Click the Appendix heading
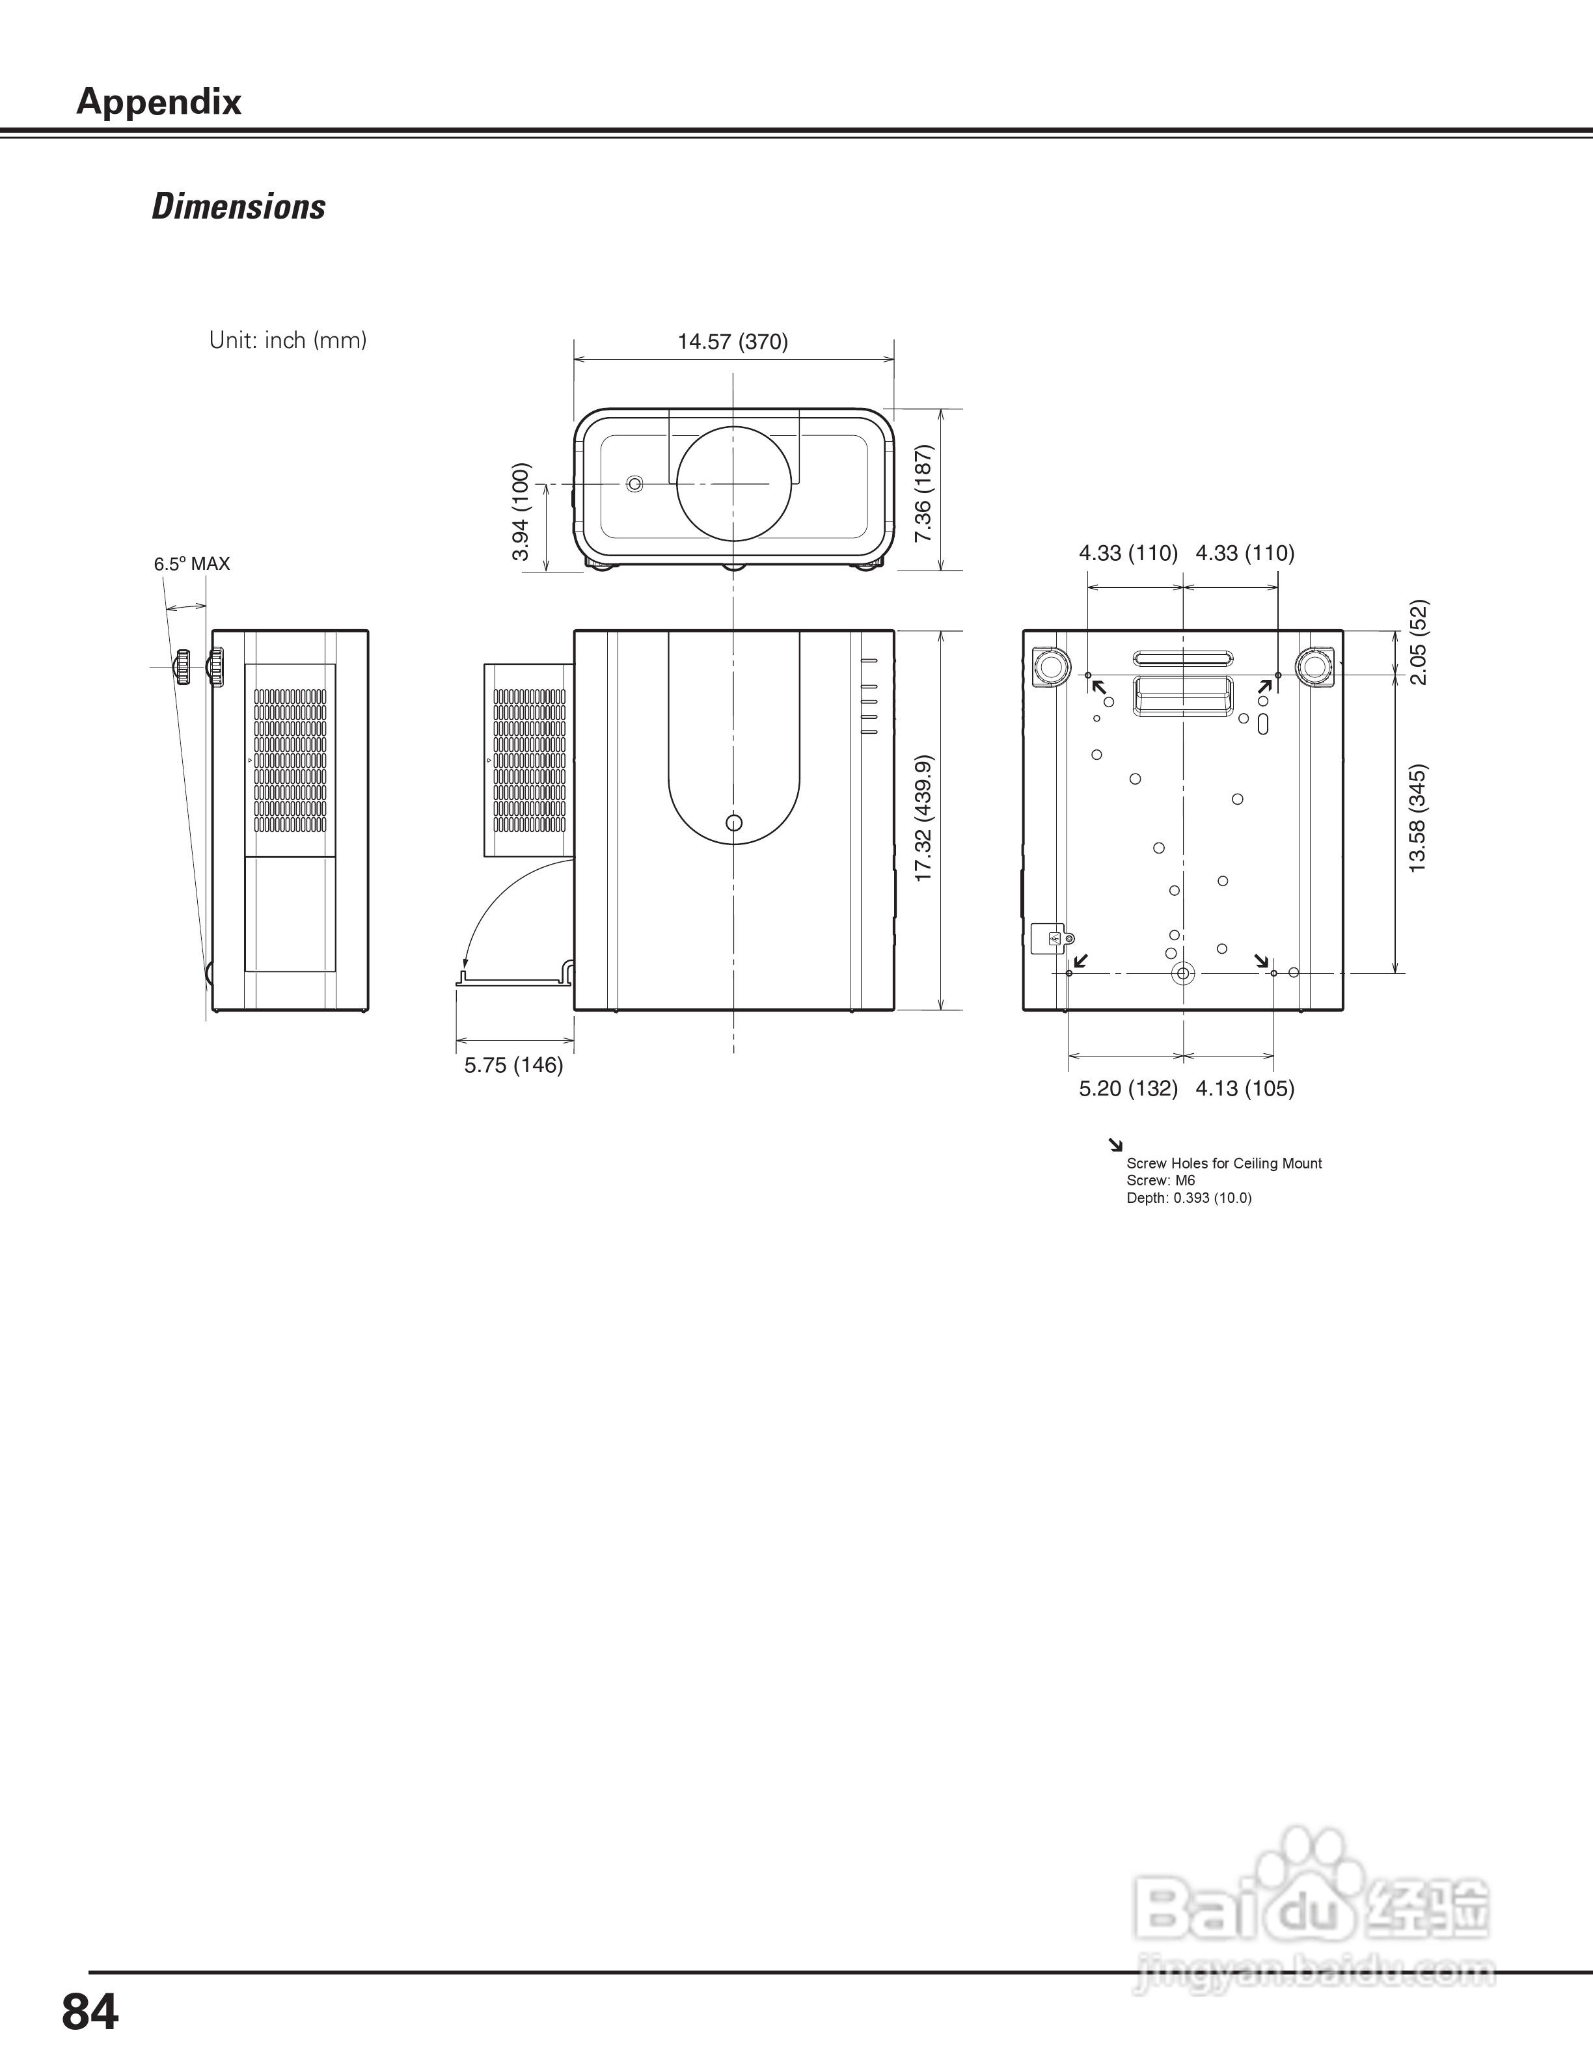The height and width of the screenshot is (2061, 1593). (159, 101)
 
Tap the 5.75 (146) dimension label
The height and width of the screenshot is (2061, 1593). (513, 1066)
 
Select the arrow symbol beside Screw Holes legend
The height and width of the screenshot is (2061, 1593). (1115, 1146)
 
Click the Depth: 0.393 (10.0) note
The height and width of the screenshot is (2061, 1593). (1189, 1198)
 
